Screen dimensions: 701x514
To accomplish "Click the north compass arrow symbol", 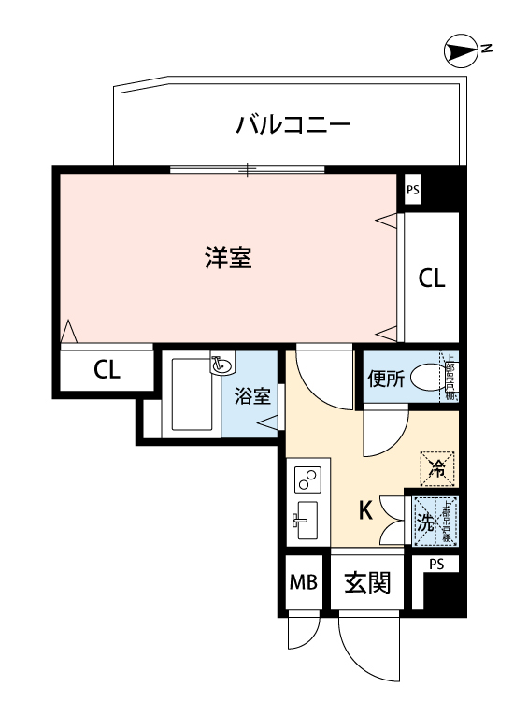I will pos(459,52).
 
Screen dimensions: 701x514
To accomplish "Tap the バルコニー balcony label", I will pos(293,122).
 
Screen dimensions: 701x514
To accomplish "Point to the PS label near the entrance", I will pos(435,565).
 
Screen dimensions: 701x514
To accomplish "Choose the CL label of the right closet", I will pos(431,279).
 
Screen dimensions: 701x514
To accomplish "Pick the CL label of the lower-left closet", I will pos(107,369).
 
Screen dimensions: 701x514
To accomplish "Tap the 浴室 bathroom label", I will pos(251,396).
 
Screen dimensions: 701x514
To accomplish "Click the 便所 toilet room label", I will pos(385,379).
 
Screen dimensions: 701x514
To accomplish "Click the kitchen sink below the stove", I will pos(306,521).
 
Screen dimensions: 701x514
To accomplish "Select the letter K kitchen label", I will pos(366,510).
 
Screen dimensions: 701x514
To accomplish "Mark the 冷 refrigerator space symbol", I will pos(436,469).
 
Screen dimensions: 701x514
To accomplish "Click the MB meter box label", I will pos(302,585).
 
